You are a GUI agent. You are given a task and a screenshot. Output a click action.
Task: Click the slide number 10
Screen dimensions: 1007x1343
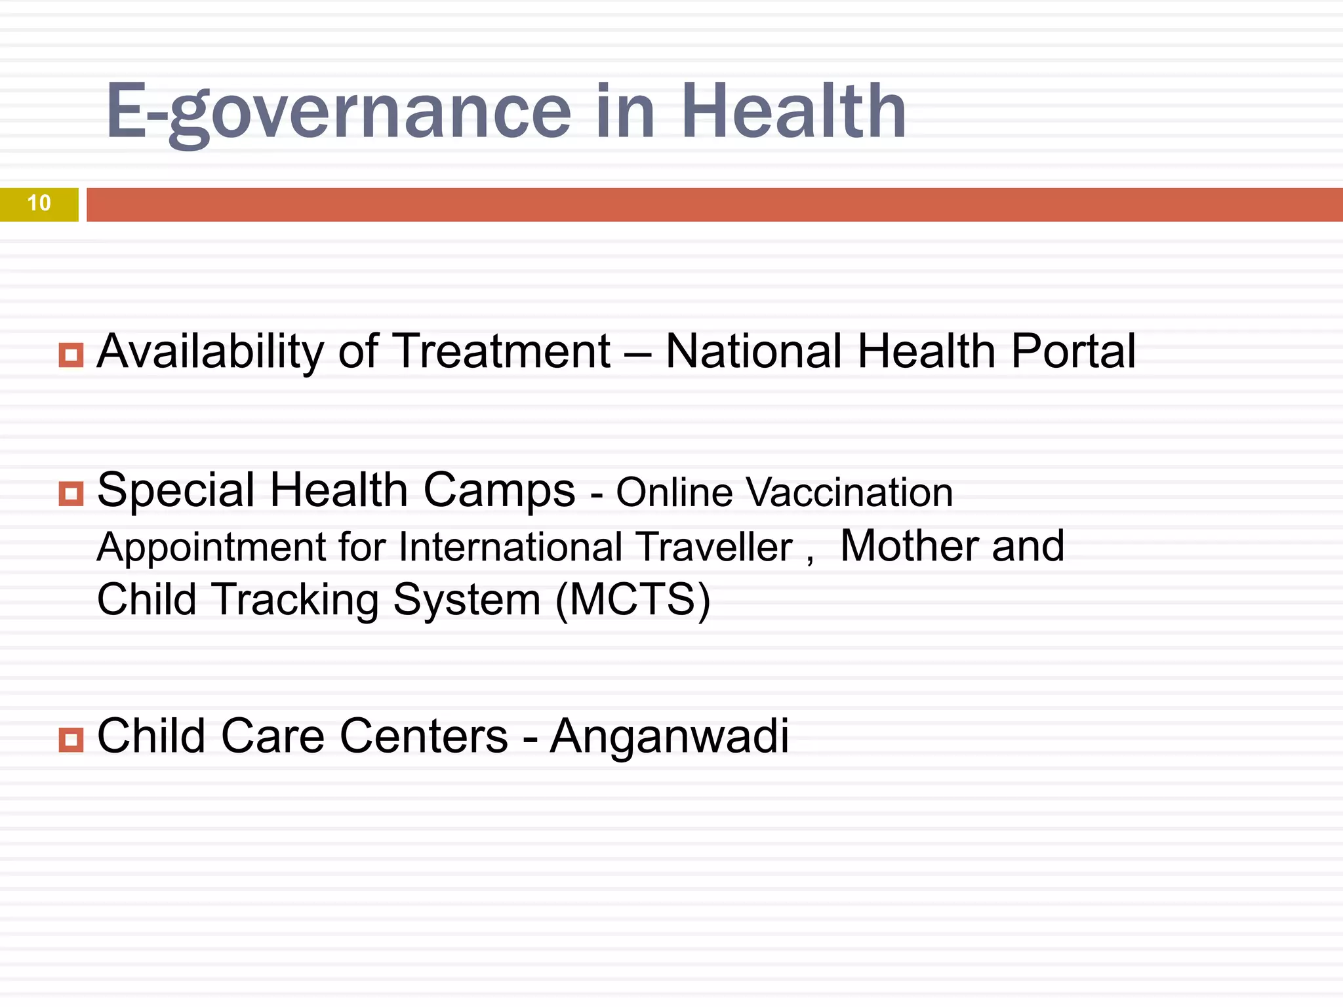pos(39,203)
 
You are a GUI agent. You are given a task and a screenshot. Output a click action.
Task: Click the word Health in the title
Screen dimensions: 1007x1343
pos(793,111)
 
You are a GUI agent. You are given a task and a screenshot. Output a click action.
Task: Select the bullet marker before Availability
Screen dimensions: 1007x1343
pos(71,355)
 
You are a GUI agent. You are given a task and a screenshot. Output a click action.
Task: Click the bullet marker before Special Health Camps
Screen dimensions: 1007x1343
pos(71,494)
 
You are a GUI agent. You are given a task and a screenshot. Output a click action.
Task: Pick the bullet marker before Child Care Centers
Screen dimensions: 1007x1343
pos(71,740)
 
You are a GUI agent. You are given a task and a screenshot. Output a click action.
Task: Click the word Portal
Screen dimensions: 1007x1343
pos(1073,351)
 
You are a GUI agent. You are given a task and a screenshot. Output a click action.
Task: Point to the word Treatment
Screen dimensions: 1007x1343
pos(503,351)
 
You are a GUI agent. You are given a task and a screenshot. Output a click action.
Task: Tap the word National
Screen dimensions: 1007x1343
pos(753,351)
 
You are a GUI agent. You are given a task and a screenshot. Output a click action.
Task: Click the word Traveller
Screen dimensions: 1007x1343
pos(714,547)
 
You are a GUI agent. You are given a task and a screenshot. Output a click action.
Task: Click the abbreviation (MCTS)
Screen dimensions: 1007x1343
pos(633,599)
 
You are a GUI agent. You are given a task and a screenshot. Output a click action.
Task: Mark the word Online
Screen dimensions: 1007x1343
pos(674,492)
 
